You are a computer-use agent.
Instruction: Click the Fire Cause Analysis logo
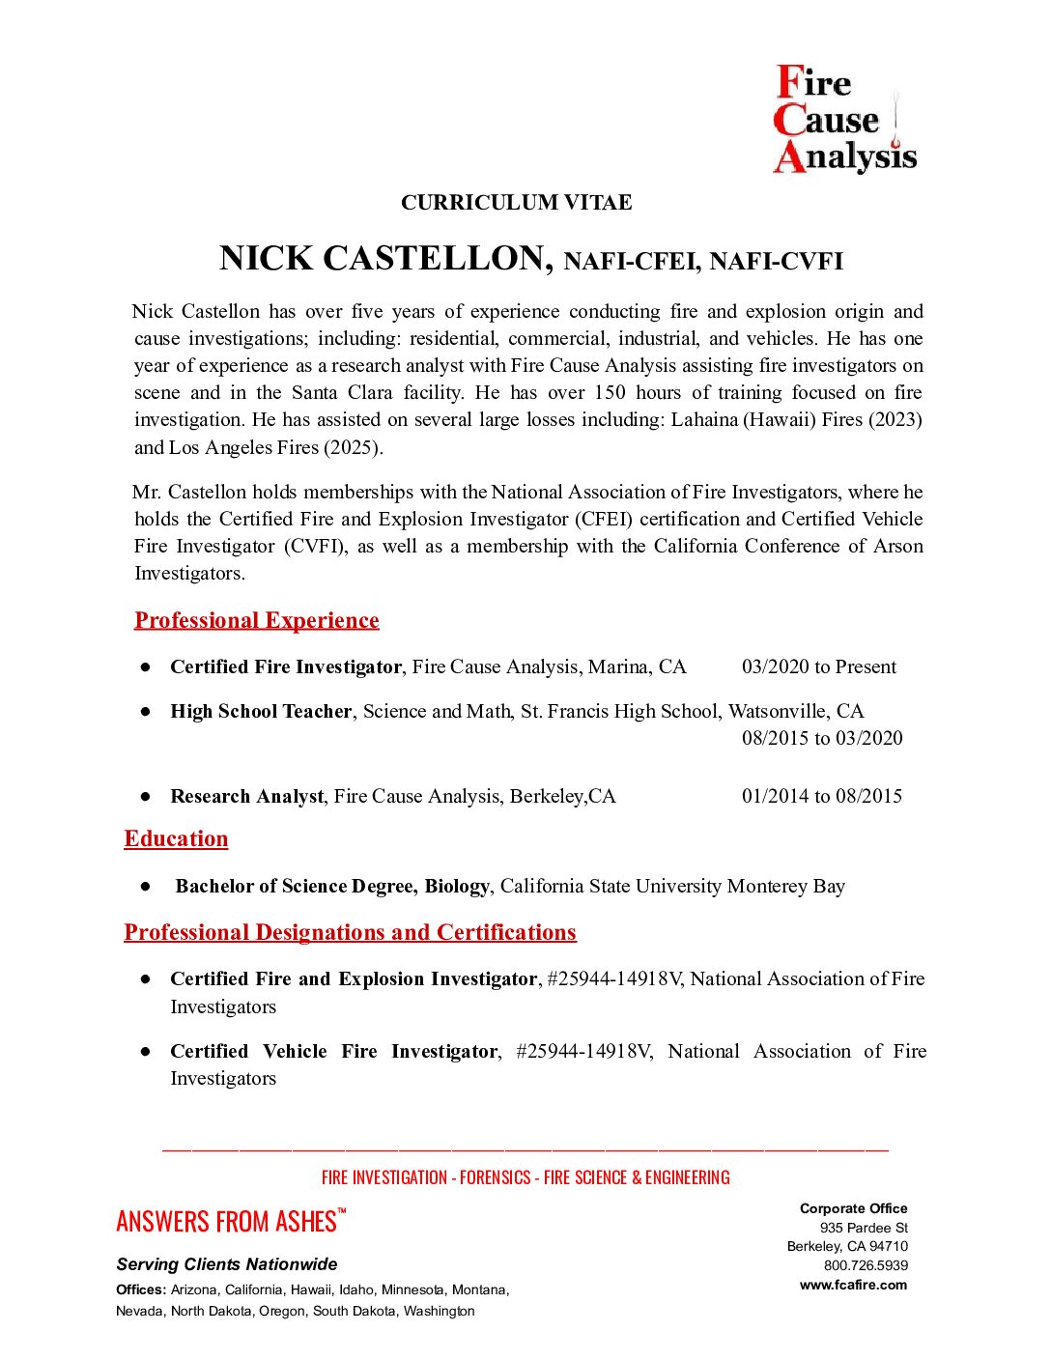[844, 119]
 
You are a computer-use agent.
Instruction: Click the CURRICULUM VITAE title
[517, 203]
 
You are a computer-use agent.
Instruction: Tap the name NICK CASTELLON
[385, 259]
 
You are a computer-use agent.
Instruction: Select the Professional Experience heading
[256, 620]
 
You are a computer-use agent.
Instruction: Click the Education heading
[176, 838]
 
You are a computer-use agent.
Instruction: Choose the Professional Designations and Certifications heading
[350, 932]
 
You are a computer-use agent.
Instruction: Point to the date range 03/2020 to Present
[818, 666]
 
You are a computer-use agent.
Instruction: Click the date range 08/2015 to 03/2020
[822, 738]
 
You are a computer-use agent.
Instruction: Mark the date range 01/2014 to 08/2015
[822, 796]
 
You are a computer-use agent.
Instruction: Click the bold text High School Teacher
[261, 711]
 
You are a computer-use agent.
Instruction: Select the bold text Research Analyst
[246, 796]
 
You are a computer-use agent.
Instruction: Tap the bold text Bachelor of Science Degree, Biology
[332, 886]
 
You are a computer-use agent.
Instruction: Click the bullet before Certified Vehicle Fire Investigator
[146, 1051]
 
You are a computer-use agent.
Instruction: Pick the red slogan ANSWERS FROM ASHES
[226, 1222]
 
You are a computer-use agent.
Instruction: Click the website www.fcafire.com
[853, 1285]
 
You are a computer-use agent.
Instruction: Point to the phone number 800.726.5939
[866, 1265]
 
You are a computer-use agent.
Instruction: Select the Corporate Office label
[853, 1208]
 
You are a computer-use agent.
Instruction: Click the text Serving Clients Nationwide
[227, 1264]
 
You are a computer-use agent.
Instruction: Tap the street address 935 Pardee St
[864, 1228]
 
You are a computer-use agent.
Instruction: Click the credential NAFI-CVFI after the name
[776, 262]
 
